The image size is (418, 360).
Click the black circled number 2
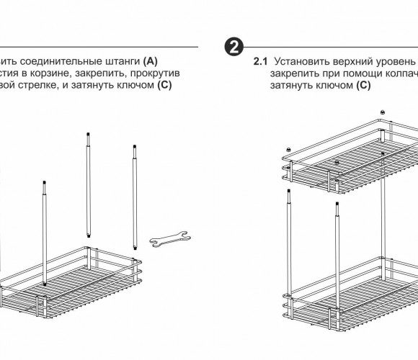coord(234,47)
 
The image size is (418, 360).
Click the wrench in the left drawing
coord(170,238)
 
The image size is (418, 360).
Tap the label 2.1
coord(260,61)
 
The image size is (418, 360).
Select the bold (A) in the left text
coord(151,61)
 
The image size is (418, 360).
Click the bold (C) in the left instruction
coord(164,85)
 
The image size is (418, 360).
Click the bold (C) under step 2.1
coord(364,85)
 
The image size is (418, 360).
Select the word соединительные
coord(61,61)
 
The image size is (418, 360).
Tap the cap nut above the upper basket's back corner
coord(382,112)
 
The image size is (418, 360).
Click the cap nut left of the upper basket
coord(288,149)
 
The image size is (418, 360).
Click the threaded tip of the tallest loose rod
coord(88,135)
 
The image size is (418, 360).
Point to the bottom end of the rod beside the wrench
coord(135,248)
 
